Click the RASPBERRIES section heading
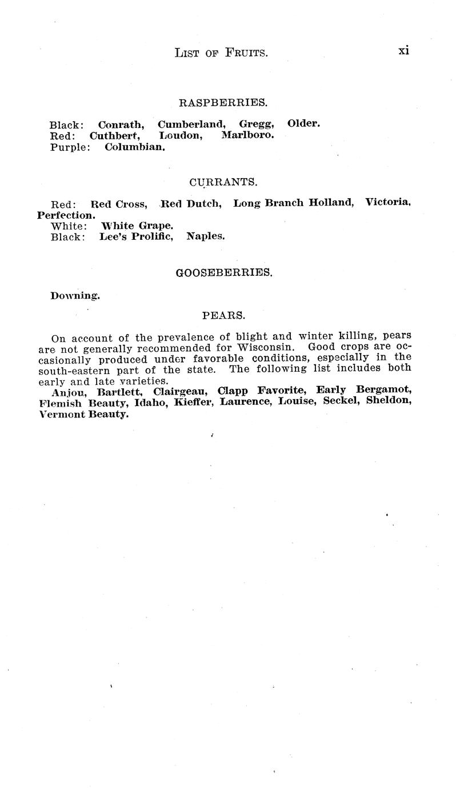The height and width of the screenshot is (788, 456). coord(223,103)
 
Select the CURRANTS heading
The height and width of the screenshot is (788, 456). coord(223,182)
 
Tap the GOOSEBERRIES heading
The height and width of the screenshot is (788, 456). coord(224,273)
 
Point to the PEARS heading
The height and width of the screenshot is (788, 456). coord(224,315)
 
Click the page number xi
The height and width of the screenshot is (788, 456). coord(404,50)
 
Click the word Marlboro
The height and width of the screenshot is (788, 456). coord(247,135)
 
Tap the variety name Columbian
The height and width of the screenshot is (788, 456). coord(135,147)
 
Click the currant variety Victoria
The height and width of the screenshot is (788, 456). coord(388,203)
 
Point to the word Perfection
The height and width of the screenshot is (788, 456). coord(66,215)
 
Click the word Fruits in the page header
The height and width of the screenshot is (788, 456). coord(245,53)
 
